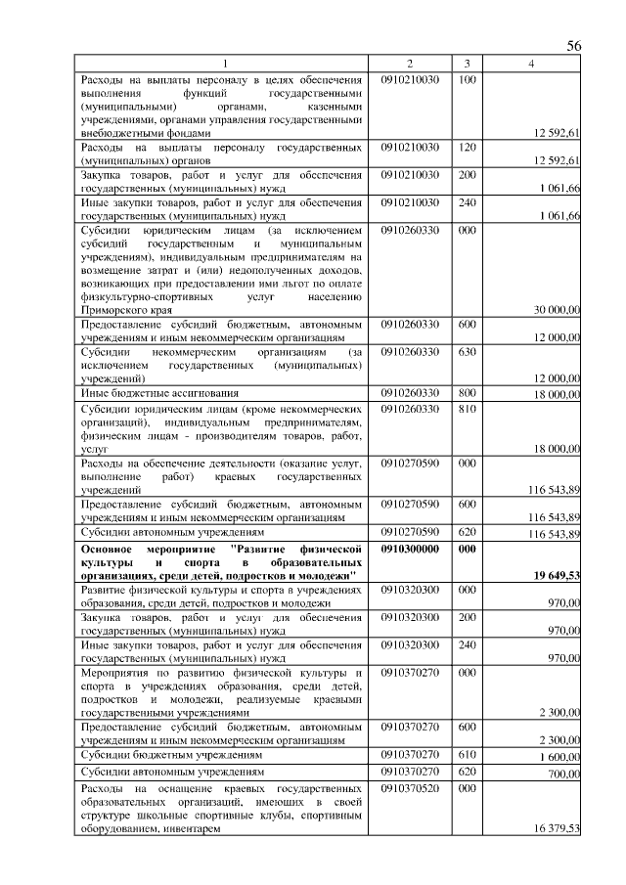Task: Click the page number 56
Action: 574,47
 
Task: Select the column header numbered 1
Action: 223,64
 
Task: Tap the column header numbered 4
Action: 531,64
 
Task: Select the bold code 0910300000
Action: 411,550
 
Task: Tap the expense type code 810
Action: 467,409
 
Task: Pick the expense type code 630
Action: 467,351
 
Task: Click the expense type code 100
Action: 467,78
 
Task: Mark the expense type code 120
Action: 467,146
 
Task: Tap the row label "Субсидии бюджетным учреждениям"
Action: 171,756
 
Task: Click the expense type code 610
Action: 467,755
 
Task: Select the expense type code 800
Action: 467,392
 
